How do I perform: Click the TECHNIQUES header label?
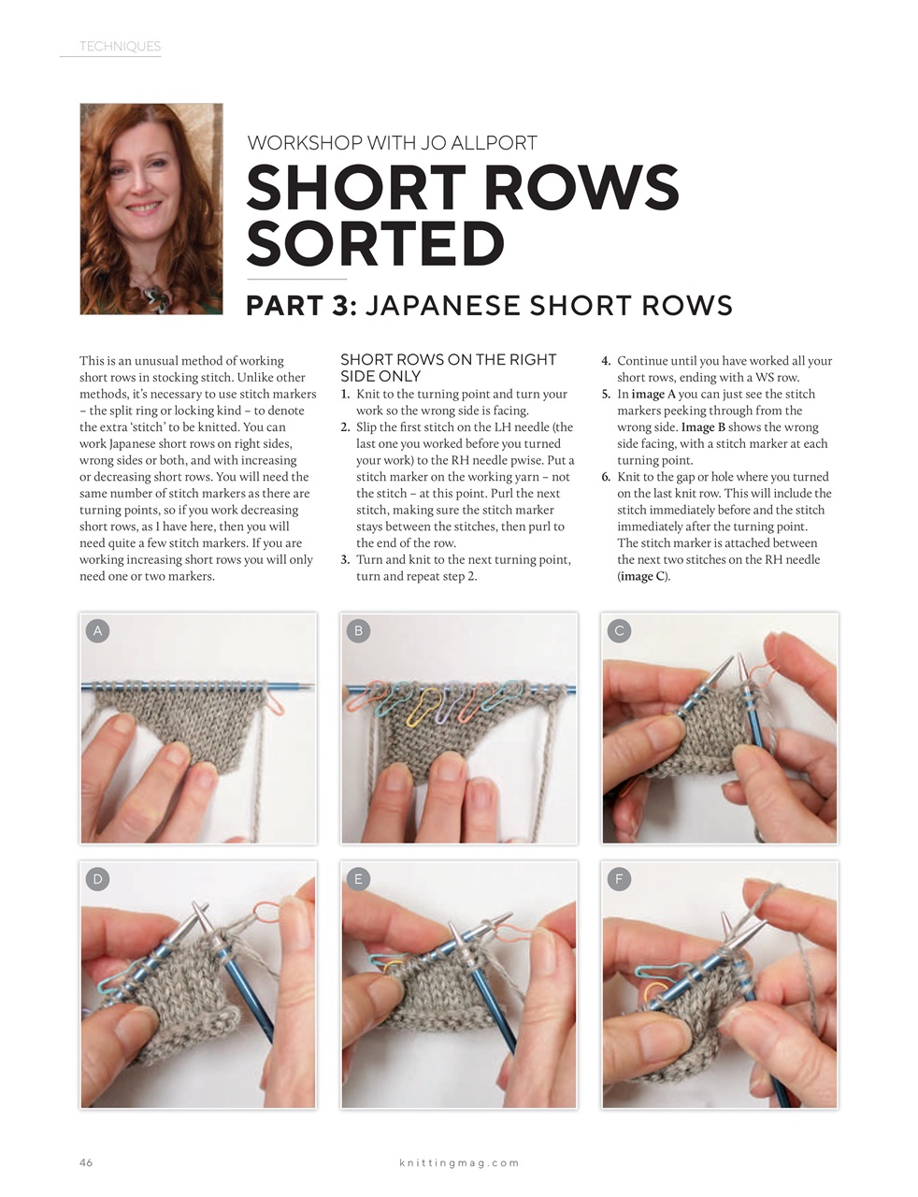(120, 46)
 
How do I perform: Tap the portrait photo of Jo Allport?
(151, 209)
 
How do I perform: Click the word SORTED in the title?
(375, 244)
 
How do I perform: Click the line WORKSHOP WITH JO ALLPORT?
(392, 143)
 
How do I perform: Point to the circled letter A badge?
(97, 630)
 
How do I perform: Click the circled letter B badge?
(358, 630)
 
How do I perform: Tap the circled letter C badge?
(619, 630)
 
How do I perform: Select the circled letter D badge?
(97, 878)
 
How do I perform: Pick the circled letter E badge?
(358, 878)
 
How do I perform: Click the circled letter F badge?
(619, 878)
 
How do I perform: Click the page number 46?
(86, 1162)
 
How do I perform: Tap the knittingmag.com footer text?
(459, 1162)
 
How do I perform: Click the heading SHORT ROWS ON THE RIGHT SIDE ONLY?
(448, 368)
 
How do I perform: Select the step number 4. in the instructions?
(606, 361)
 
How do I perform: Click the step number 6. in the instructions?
(606, 477)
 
